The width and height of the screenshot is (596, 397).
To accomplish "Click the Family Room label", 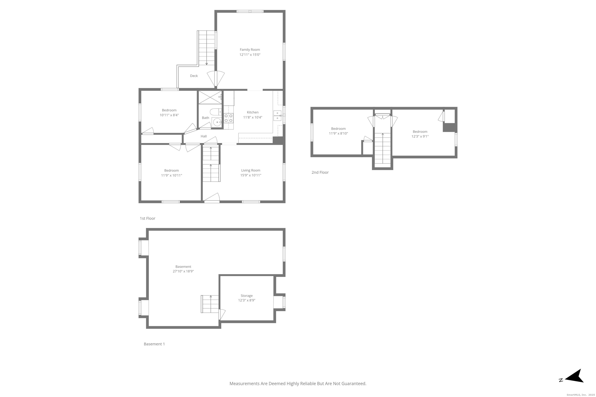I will point(250,50).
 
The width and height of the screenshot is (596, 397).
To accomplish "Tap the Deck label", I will point(194,76).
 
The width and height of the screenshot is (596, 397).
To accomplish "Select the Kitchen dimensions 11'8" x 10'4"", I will point(252,117).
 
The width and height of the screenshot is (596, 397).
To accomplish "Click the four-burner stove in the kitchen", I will point(228,118).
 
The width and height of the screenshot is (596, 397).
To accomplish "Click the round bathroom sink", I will point(217,123).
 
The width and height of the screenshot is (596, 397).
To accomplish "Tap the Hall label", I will point(204,136).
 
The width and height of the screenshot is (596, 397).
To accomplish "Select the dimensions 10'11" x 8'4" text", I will point(169,115).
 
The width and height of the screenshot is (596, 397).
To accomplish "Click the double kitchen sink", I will point(277,116).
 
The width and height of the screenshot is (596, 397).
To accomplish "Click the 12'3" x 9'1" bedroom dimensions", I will point(420,136).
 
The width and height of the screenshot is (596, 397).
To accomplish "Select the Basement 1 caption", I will point(154,344).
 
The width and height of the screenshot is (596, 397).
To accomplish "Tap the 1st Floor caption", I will point(147,218).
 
